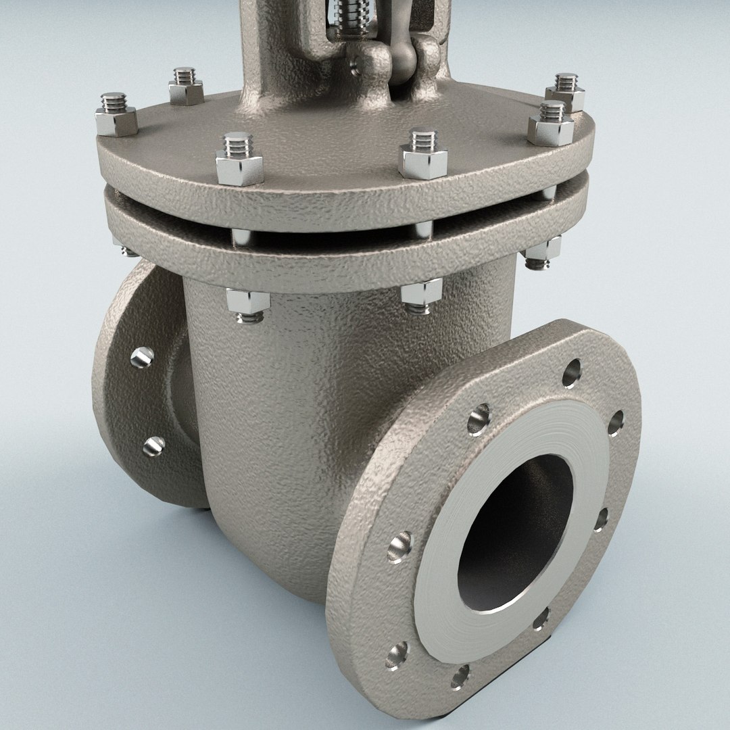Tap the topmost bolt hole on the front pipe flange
coord(571,373)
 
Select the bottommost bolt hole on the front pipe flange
coord(460,676)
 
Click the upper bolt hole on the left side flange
coord(142,357)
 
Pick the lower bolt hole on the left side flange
coord(154,446)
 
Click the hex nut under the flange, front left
coord(248,302)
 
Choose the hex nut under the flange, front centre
coord(420,295)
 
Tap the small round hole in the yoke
coord(355,66)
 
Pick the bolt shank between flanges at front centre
coord(423,230)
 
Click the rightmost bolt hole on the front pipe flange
coord(616,422)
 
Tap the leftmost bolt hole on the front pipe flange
coord(399,547)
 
